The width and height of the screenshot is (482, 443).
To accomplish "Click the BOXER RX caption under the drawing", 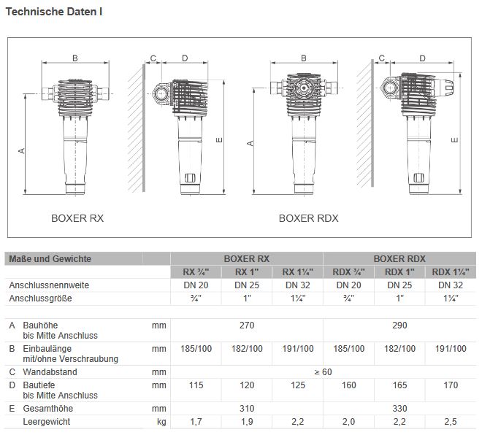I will tap(77, 217).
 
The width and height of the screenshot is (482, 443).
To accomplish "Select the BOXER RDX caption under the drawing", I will tap(308, 217).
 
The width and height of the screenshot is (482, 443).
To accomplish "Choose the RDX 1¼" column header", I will tap(450, 271).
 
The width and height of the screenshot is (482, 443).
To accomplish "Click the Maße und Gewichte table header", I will tap(50, 258).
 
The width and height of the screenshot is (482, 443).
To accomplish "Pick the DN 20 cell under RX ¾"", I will tap(195, 285).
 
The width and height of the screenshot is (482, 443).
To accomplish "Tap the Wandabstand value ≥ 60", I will tap(323, 372).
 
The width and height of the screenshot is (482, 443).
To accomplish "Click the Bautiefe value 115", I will tap(195, 384).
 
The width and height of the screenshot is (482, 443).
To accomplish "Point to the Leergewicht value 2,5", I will tap(450, 421).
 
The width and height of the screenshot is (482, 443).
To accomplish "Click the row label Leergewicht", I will tap(47, 421).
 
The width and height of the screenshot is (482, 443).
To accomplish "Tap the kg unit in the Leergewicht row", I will tap(161, 421).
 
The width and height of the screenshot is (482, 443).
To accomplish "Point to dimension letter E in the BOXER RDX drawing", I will tap(455, 140).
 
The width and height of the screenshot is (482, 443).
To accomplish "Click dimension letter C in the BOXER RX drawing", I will tap(153, 58).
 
